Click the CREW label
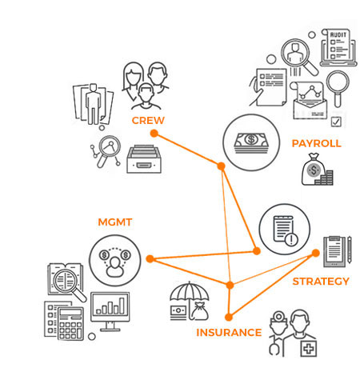tap(148, 120)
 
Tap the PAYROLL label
tap(316, 143)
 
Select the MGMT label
tap(115, 222)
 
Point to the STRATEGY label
tap(321, 282)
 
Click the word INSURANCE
tap(229, 333)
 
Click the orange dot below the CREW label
tap(154, 134)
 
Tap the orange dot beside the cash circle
tap(221, 166)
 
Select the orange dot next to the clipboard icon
tap(316, 253)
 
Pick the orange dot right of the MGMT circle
tap(150, 258)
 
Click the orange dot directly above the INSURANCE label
tap(229, 317)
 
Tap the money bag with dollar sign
tap(314, 169)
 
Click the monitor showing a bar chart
tap(110, 311)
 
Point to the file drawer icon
tap(144, 159)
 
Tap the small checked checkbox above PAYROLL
tap(336, 122)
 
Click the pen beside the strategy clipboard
tap(350, 250)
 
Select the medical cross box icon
tap(309, 348)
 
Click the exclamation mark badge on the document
tap(291, 239)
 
